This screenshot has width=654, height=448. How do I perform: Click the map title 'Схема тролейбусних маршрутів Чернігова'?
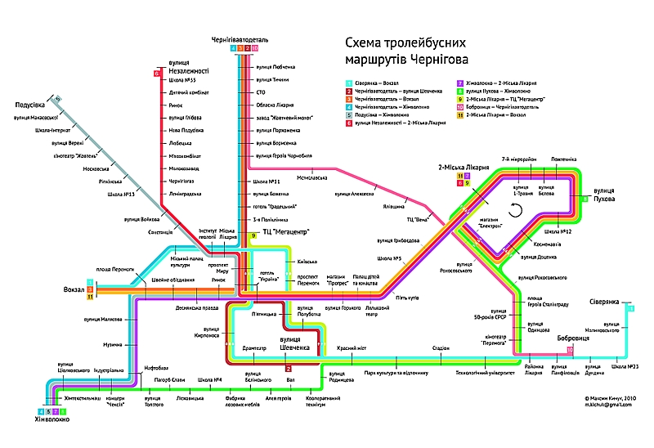406,51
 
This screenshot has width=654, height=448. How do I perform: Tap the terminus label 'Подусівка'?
29,105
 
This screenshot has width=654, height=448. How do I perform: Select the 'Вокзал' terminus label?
74,289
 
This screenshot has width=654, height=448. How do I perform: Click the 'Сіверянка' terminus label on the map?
607,302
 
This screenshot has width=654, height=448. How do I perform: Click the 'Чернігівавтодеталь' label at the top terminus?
240,38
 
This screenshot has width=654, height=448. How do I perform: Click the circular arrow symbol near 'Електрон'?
515,211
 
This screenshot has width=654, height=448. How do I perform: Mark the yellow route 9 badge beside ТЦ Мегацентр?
254,235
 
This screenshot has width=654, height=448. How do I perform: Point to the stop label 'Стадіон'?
441,348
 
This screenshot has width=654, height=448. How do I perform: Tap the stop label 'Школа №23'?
623,366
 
